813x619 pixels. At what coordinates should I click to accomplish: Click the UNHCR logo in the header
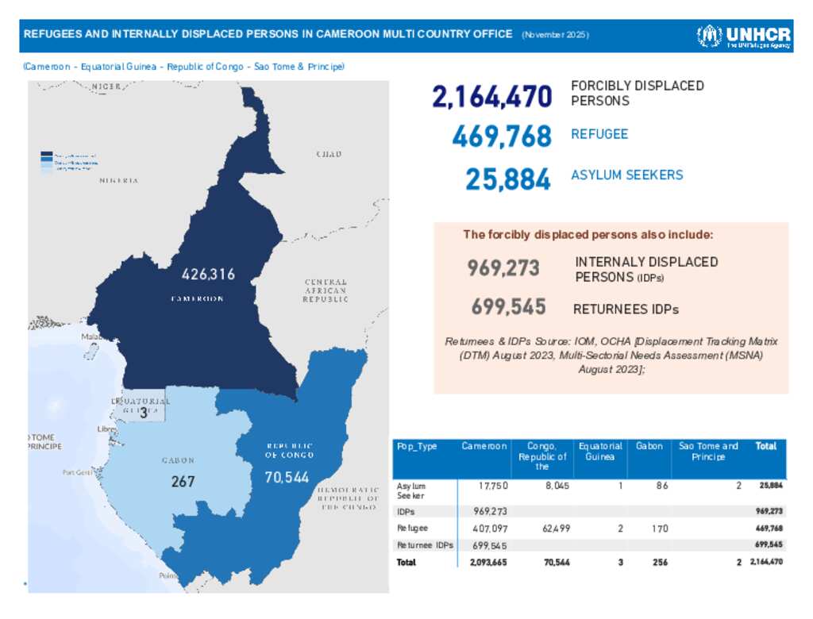click(x=743, y=36)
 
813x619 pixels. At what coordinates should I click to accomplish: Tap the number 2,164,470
click(x=491, y=97)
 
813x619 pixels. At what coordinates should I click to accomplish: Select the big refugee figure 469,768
click(x=501, y=136)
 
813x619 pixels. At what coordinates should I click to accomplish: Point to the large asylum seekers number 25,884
click(x=507, y=179)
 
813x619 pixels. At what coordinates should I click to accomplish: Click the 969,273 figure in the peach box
click(x=503, y=268)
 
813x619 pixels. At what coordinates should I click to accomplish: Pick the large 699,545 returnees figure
click(x=508, y=306)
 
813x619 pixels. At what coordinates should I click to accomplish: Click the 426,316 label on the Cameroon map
click(x=208, y=275)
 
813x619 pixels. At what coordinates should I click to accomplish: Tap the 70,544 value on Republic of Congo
click(x=287, y=479)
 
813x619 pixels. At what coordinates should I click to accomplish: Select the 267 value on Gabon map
click(x=183, y=482)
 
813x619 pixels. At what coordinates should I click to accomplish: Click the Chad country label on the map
click(x=329, y=154)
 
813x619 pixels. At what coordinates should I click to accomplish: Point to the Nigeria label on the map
click(x=119, y=181)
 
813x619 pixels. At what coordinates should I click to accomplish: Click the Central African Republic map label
click(x=326, y=290)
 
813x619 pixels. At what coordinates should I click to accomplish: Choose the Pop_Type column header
click(x=417, y=447)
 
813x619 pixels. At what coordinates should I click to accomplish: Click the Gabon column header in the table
click(x=649, y=447)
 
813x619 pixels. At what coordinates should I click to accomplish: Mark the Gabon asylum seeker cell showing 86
click(x=661, y=485)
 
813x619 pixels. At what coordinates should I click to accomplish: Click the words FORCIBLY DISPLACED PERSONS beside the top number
click(x=637, y=94)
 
